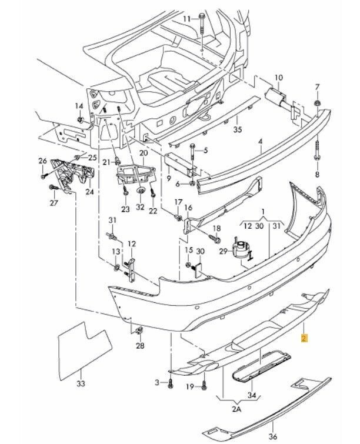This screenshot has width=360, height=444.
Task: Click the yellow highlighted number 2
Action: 304,338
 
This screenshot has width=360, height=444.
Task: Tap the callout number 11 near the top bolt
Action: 187,19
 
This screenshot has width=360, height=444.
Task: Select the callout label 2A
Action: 236,409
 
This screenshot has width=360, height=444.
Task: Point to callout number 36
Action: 272,437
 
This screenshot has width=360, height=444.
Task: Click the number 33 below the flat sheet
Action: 81,383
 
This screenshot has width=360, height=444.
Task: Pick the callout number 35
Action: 238,129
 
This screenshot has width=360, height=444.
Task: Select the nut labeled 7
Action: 317,104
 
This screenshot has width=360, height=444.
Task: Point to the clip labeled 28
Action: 140,331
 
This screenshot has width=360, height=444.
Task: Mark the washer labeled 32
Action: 140,191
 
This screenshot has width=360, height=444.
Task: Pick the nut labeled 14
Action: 80,120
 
